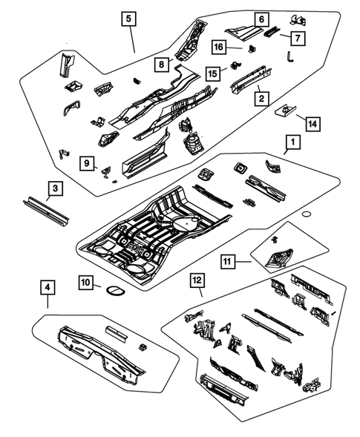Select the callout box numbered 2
pyautogui.click(x=260, y=98)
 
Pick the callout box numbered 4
pyautogui.click(x=47, y=286)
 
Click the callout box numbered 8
pyautogui.click(x=160, y=65)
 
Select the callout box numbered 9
pyautogui.click(x=87, y=162)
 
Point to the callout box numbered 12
pyautogui.click(x=196, y=280)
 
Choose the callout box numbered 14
pyautogui.click(x=310, y=124)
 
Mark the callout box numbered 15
pyautogui.click(x=212, y=73)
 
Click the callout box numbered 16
pyautogui.click(x=219, y=47)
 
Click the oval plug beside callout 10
pyautogui.click(x=114, y=289)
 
